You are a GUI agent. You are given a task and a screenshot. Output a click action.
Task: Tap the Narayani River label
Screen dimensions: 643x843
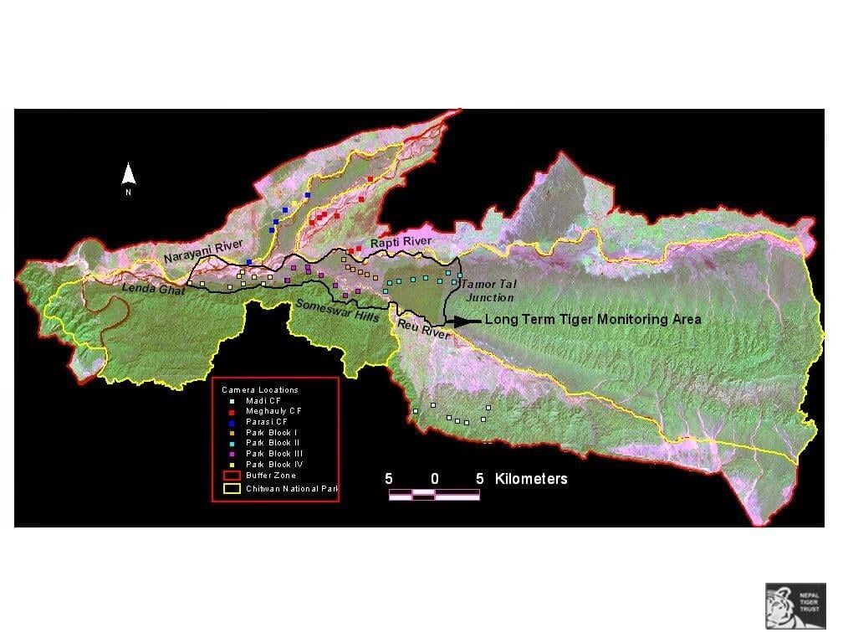click(x=203, y=250)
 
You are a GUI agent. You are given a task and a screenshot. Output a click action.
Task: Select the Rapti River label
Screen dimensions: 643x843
click(x=401, y=241)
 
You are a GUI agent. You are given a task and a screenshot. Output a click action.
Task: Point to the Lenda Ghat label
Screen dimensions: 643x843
click(x=153, y=289)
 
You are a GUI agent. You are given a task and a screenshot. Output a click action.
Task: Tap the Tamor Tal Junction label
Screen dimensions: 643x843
click(x=486, y=291)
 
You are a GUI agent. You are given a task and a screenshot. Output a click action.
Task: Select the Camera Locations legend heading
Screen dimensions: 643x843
click(x=260, y=390)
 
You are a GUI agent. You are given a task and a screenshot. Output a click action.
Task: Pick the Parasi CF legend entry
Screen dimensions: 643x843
click(x=267, y=422)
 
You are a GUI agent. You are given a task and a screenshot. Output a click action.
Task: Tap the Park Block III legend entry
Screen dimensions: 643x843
click(x=269, y=453)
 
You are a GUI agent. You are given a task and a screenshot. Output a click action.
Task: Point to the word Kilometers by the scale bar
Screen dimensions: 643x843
click(x=531, y=479)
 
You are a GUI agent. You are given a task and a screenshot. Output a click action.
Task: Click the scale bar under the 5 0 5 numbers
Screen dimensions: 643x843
click(x=434, y=495)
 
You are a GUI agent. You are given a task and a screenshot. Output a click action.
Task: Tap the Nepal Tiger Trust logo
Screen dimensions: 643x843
click(x=795, y=605)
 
